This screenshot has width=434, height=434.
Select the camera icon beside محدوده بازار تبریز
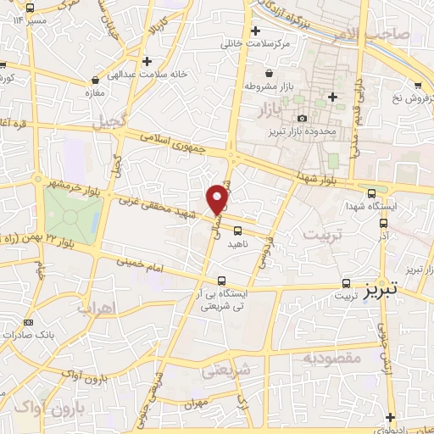[x=303, y=119]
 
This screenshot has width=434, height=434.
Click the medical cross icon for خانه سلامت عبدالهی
[x=147, y=61]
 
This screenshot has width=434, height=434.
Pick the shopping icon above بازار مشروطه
[x=269, y=74]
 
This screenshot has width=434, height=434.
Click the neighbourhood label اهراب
[x=96, y=309]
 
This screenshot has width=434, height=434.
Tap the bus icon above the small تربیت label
[x=346, y=283]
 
